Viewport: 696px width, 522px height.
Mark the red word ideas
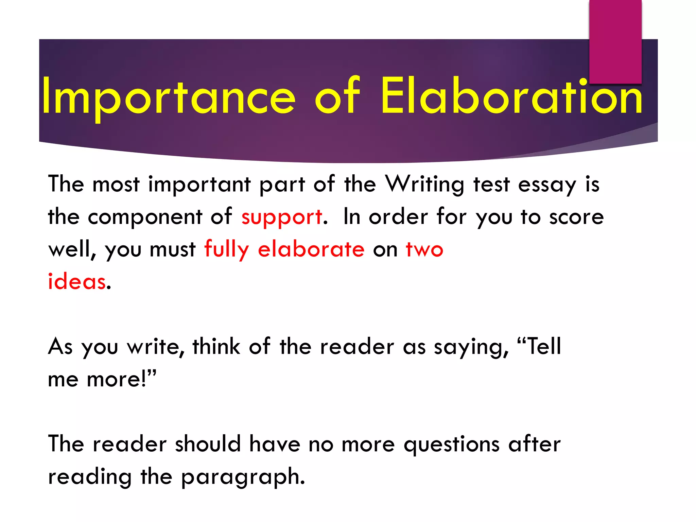pos(77,282)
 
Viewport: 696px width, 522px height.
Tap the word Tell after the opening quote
pos(543,347)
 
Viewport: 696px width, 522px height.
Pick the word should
pos(208,444)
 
